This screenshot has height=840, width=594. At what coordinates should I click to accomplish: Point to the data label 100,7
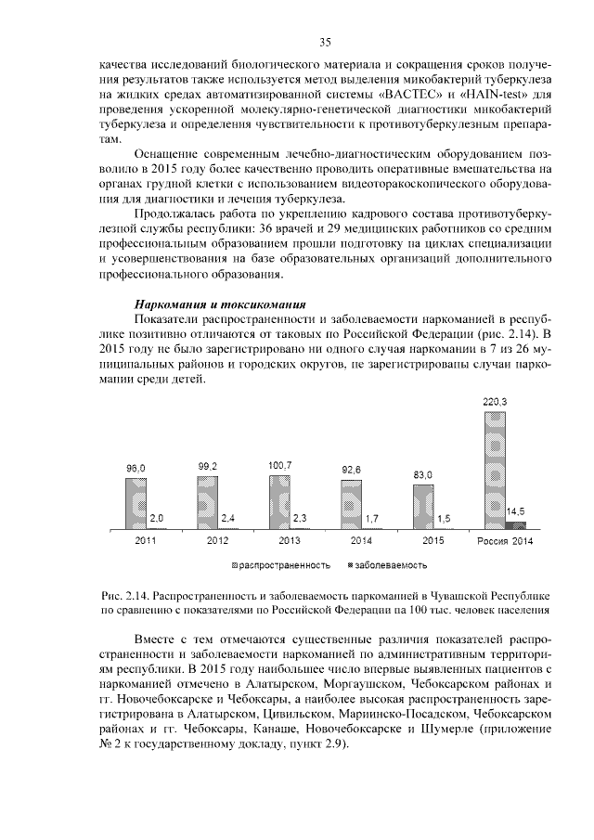coord(280,464)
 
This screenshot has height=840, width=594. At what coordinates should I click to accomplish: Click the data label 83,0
coord(423,474)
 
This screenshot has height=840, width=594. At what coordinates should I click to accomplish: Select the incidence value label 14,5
coord(515,511)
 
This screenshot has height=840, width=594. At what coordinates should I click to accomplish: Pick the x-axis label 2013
coord(289,540)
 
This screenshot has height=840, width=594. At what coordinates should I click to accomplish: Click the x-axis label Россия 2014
coord(504,540)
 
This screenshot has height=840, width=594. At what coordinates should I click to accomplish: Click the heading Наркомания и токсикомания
coord(220,304)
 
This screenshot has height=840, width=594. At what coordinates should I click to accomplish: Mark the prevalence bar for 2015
coord(423,507)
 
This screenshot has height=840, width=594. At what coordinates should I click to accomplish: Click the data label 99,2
coord(208,466)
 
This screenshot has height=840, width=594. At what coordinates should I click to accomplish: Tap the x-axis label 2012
coord(217,540)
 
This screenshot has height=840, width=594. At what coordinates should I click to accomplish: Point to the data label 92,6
coord(352,470)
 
